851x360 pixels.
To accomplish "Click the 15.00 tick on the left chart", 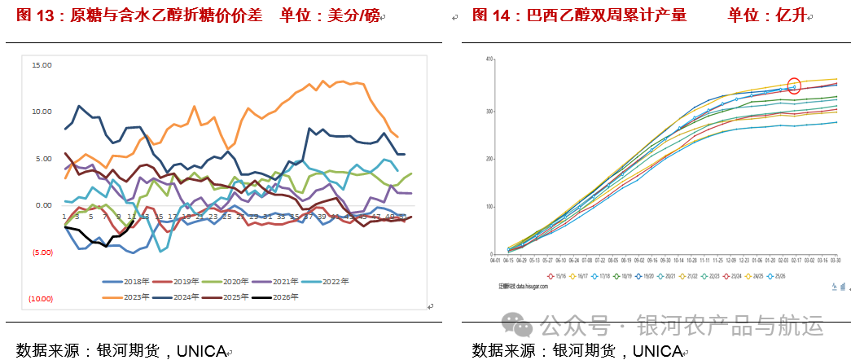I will click(41, 64).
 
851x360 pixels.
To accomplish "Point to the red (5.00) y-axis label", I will click(42, 252).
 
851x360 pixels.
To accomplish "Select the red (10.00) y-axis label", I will click(41, 299).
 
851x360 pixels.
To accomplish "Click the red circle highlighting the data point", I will click(794, 86).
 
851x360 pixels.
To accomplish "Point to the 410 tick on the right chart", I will click(489, 59).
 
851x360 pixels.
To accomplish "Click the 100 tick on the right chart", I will click(489, 206).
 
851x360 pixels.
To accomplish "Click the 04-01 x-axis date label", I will click(495, 261).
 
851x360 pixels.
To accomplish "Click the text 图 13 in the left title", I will click(35, 15).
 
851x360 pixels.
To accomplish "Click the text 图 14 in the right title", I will click(491, 15).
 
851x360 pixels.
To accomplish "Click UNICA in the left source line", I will click(200, 350).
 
